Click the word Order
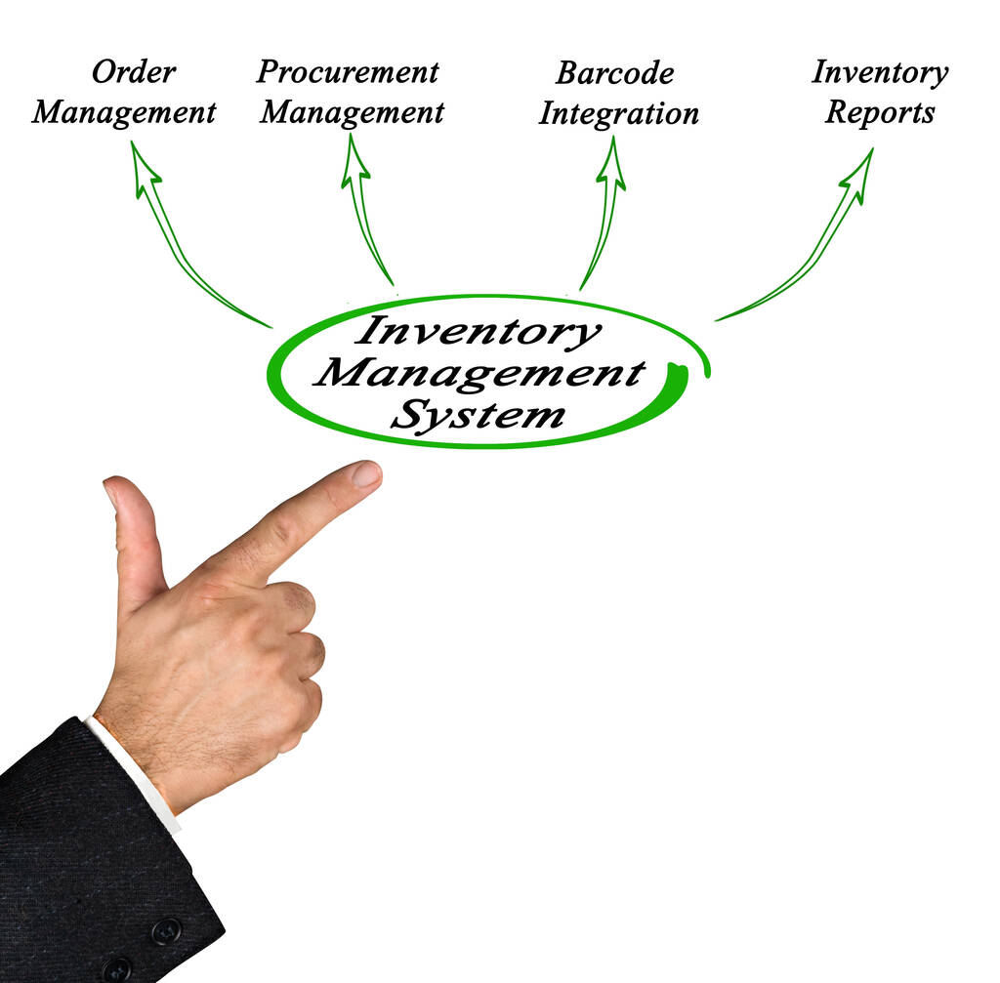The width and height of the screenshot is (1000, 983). [134, 72]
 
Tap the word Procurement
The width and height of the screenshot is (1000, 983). [348, 71]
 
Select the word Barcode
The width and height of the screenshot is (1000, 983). [614, 73]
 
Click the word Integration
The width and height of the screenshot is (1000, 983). [618, 113]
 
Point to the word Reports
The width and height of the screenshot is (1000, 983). [879, 112]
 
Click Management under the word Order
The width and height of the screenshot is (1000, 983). [123, 112]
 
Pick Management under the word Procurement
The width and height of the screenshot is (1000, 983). [352, 112]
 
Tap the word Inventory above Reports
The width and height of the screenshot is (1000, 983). [879, 72]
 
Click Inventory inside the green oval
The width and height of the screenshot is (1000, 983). [478, 331]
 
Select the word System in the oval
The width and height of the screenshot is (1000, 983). [478, 416]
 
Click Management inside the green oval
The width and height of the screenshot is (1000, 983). [479, 373]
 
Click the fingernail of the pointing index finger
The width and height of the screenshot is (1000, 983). [366, 474]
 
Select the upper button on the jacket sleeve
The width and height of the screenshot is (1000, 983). [165, 930]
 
